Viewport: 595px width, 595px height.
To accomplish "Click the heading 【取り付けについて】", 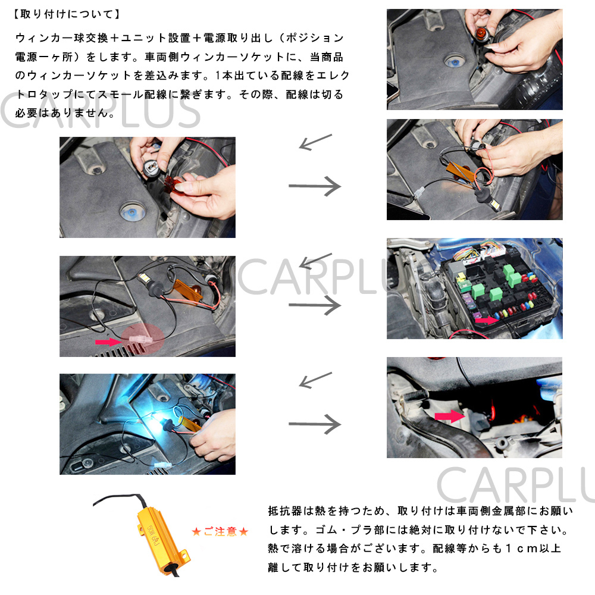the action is pos(67,14).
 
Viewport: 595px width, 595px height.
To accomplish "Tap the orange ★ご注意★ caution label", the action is pos(220,531).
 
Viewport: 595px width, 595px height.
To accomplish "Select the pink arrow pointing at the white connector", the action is pos(108,342).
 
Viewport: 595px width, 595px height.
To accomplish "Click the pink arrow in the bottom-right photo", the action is pos(450,416).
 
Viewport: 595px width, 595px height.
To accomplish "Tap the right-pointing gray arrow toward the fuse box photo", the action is pos(315,305).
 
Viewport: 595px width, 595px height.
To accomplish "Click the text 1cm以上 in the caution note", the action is pos(533,548).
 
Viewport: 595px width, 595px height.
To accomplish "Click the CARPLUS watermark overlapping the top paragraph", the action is pos(100,111).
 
